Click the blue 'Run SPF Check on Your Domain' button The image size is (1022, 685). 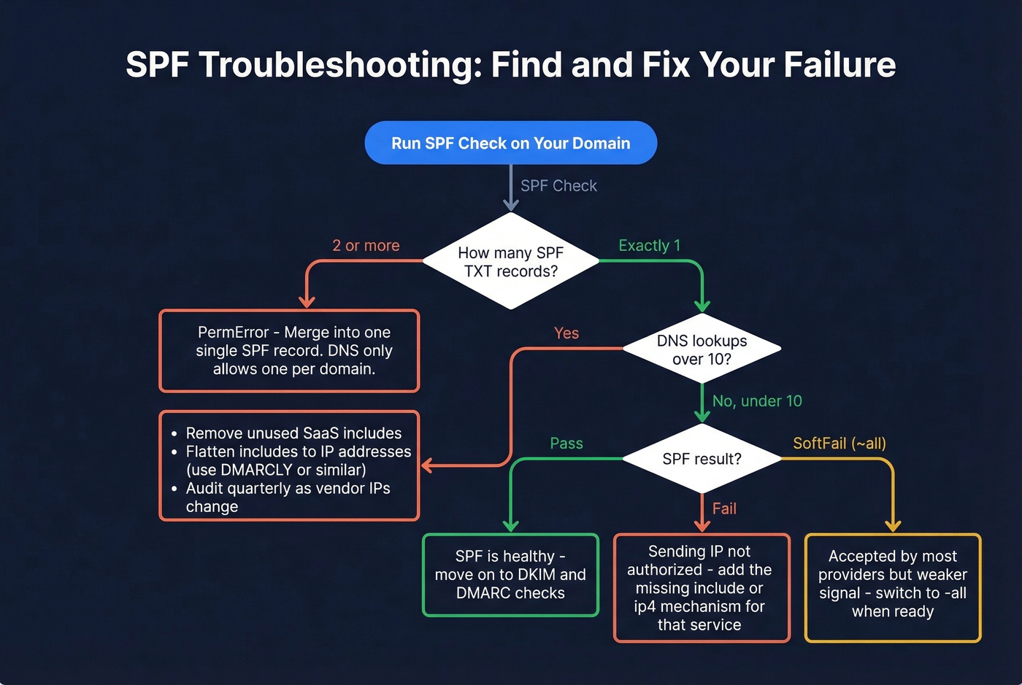(510, 143)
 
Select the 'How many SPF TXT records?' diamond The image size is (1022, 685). (510, 261)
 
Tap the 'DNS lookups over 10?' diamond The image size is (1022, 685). (702, 349)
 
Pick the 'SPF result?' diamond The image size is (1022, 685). (702, 459)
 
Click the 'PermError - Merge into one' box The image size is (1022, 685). (289, 351)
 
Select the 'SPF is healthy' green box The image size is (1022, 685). (510, 575)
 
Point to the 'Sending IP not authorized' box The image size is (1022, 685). (702, 588)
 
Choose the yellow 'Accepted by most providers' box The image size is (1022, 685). (892, 587)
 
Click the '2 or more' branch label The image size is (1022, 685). (366, 246)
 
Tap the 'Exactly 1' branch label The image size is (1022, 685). (649, 246)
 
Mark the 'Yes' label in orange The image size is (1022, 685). (566, 333)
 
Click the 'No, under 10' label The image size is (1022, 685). (757, 401)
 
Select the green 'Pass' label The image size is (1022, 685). (566, 444)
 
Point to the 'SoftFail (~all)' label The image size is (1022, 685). (839, 444)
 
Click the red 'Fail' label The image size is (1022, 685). (724, 508)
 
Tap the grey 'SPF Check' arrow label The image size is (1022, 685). (558, 186)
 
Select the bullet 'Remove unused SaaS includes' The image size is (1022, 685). (293, 433)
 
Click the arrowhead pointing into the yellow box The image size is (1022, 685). (892, 526)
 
